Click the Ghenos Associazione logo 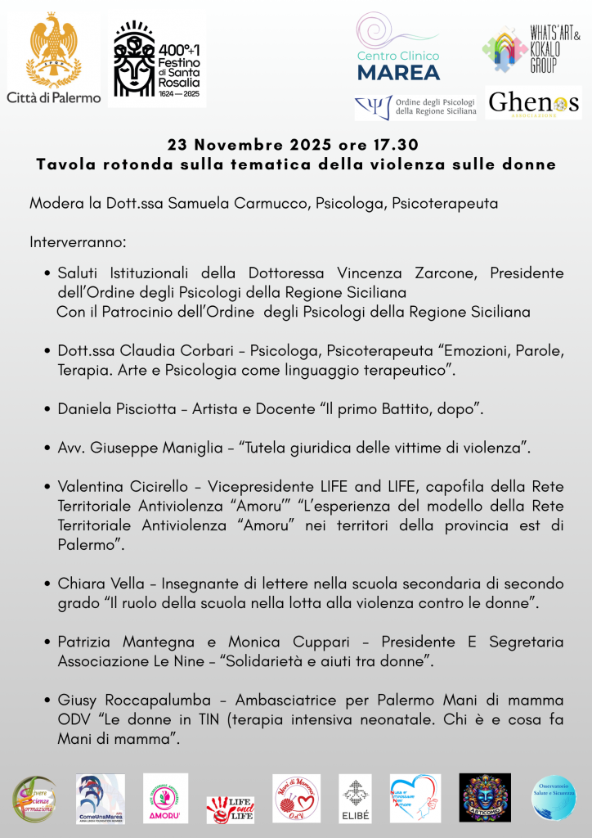pos(533,103)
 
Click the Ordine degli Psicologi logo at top pos(415,107)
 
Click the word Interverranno pos(78,242)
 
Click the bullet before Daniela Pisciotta pos(49,409)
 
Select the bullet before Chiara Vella pos(49,584)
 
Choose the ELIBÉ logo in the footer pos(355,798)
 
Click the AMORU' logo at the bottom pos(165,798)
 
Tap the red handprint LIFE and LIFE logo pos(230,809)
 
